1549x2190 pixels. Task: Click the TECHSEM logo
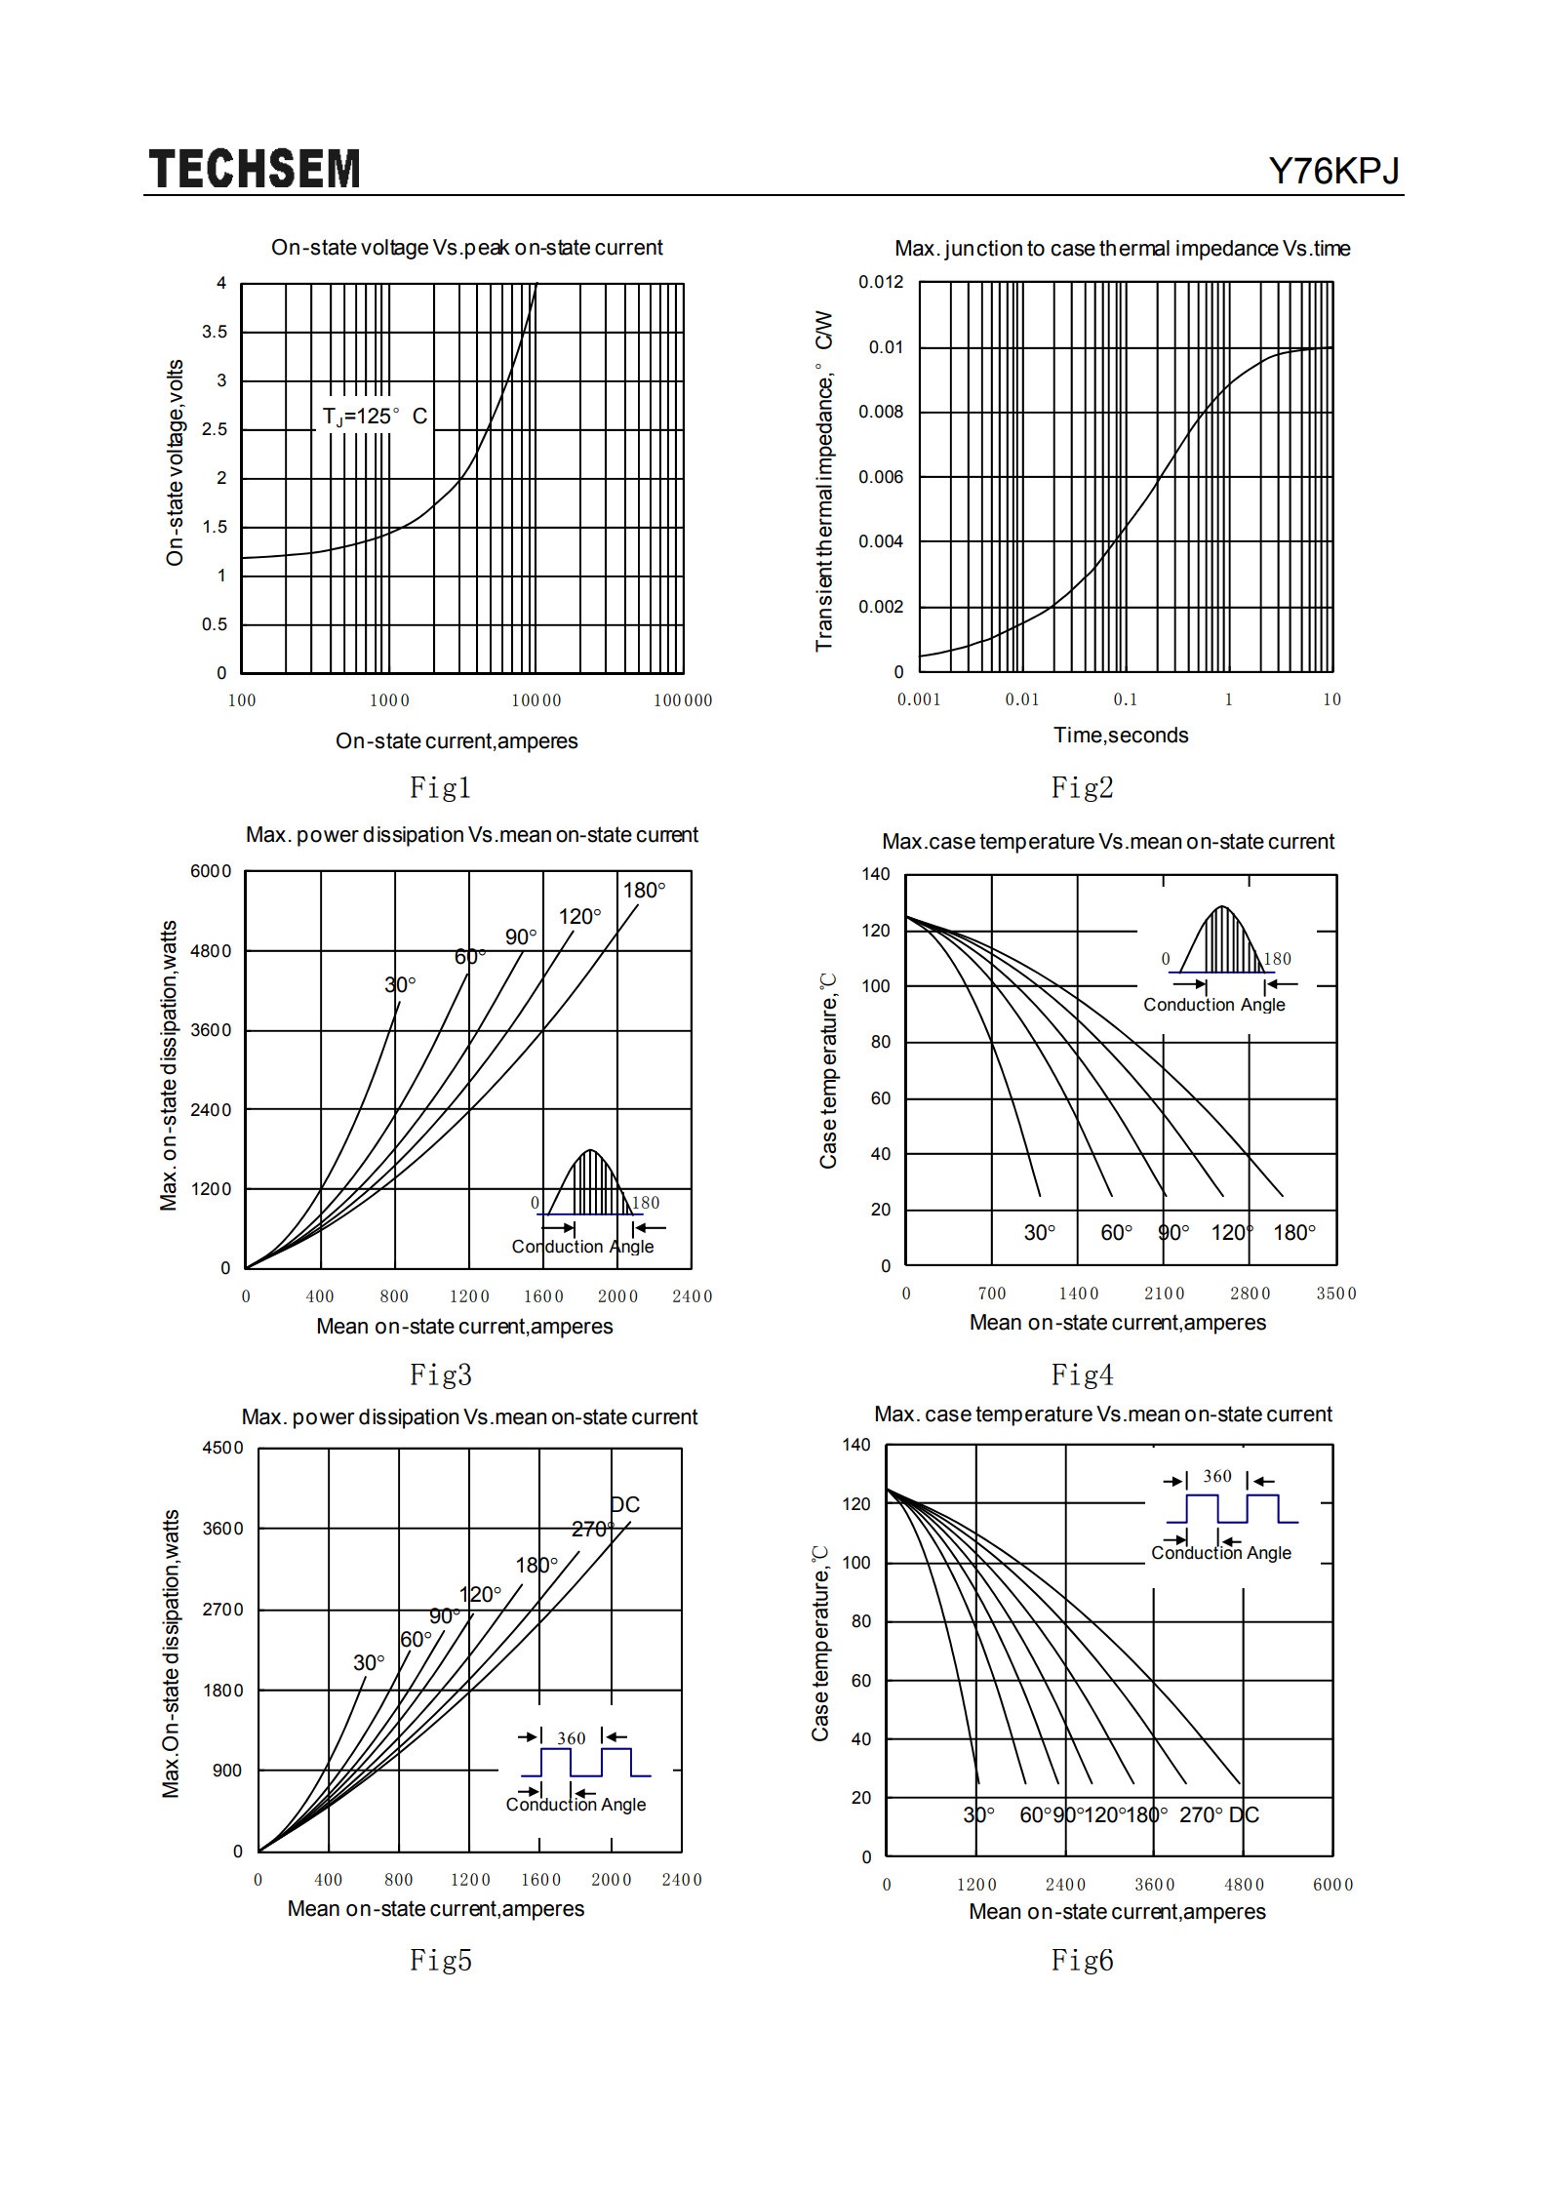(x=255, y=169)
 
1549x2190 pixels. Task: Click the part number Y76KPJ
(x=1333, y=171)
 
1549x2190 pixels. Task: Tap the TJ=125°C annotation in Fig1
(x=376, y=417)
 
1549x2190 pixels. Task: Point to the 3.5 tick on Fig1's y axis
(x=215, y=332)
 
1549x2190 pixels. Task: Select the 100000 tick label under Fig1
(x=683, y=700)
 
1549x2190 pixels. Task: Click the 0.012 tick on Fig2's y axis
(x=881, y=282)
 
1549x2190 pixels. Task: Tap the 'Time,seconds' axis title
(x=1121, y=736)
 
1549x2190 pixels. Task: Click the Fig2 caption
(x=1082, y=787)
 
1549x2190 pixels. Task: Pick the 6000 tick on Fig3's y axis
(x=211, y=871)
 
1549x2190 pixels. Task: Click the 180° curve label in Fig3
(x=645, y=890)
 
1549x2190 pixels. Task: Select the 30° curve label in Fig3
(x=400, y=985)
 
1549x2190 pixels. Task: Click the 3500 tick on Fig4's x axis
(x=1336, y=1294)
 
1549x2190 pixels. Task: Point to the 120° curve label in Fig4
(x=1231, y=1233)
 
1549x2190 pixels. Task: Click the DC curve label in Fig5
(x=624, y=1505)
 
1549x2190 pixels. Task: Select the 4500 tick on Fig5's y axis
(x=222, y=1448)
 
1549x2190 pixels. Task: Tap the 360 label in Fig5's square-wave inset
(x=572, y=1738)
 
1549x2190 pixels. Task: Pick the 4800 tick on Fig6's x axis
(x=1244, y=1885)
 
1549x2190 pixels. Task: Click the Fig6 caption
(x=1082, y=1960)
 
